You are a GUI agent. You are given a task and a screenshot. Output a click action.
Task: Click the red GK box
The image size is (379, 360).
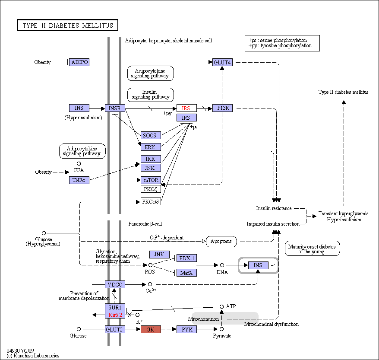(x=151, y=329)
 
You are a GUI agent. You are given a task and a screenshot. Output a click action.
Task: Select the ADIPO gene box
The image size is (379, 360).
(x=79, y=62)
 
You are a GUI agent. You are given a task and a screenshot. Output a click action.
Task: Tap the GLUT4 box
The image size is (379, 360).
(x=222, y=62)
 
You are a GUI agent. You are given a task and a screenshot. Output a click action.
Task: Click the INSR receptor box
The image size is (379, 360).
(x=115, y=108)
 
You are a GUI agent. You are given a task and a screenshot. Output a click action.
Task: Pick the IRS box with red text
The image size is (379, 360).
(x=186, y=108)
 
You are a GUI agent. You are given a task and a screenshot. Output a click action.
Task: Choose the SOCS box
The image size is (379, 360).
(x=151, y=135)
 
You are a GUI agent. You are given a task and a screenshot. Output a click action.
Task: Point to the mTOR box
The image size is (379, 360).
(x=151, y=180)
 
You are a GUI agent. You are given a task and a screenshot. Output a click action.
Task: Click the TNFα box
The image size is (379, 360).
(x=79, y=180)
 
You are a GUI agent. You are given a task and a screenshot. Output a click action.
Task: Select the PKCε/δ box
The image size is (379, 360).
(x=151, y=201)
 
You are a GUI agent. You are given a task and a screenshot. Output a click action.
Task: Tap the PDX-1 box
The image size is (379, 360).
(x=186, y=258)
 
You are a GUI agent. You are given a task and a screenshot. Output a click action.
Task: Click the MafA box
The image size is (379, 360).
(x=186, y=273)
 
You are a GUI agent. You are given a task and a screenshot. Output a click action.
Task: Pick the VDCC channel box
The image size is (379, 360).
(x=115, y=284)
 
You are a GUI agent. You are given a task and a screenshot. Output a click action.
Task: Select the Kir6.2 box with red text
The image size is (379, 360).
(x=115, y=315)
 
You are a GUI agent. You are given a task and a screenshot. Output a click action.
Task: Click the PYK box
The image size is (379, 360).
(x=186, y=329)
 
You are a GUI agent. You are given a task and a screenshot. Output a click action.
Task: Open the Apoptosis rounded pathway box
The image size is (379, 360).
(x=221, y=242)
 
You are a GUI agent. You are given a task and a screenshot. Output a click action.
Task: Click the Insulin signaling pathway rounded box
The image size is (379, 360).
(x=150, y=95)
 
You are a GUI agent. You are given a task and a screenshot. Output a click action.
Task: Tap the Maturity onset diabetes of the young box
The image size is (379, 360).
(x=312, y=248)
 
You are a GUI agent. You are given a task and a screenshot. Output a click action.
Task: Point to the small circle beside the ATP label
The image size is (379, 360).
(x=221, y=306)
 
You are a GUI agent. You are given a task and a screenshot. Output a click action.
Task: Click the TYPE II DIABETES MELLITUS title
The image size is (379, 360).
(x=68, y=25)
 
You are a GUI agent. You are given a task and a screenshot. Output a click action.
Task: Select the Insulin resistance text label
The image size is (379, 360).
(x=274, y=208)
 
